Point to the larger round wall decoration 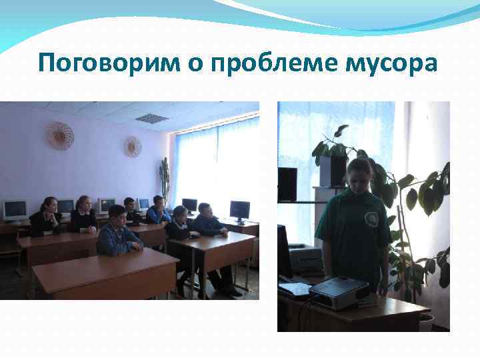[x=59, y=135]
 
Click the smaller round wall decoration [x=133, y=146]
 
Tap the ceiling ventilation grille [x=152, y=118]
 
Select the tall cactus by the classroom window [x=164, y=179]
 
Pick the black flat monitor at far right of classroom [x=239, y=210]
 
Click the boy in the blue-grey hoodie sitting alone [x=117, y=231]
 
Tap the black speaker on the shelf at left [x=287, y=183]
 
